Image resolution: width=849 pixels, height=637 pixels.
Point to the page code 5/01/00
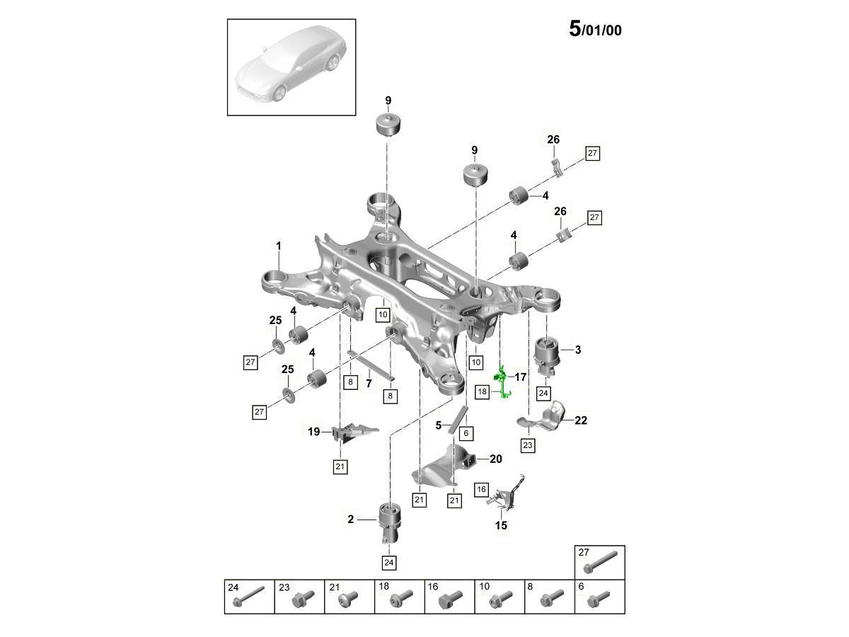595,30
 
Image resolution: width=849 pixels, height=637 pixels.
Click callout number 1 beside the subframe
279,246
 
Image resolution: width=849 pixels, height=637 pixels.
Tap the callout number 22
581,420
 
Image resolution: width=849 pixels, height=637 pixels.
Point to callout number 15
501,525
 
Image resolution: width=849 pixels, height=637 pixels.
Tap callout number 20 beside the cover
495,459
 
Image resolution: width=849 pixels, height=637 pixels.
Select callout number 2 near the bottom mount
350,520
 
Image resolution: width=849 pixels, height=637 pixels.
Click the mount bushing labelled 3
546,354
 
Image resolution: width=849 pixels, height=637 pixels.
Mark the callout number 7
369,383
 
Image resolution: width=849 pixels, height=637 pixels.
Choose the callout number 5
439,425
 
